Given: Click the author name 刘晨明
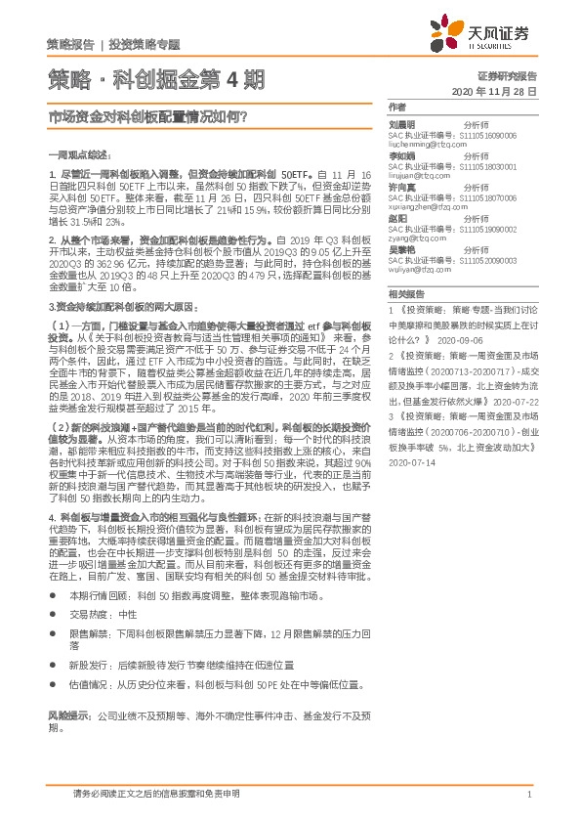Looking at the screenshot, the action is [x=401, y=124].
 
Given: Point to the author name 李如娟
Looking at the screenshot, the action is [x=401, y=154].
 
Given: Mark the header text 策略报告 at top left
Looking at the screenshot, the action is [x=70, y=45].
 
